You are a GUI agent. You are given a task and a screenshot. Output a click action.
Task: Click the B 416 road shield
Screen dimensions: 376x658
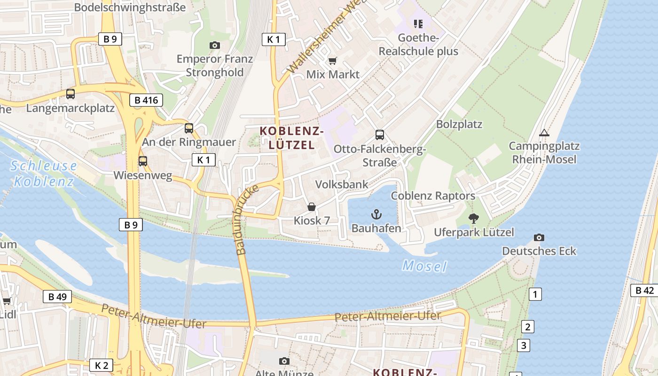146,100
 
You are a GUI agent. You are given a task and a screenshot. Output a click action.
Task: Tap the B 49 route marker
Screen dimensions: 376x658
57,297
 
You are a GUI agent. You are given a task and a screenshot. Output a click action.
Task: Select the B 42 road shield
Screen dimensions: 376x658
644,290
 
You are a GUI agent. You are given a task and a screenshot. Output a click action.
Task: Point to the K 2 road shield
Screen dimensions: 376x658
101,365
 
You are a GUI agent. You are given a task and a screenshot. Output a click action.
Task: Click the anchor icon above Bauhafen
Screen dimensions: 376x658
376,215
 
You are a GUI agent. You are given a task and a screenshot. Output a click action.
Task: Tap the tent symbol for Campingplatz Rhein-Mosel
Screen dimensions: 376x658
544,133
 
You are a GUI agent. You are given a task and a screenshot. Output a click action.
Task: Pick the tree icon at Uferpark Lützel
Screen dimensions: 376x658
473,218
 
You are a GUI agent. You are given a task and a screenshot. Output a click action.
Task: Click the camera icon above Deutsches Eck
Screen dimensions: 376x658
539,237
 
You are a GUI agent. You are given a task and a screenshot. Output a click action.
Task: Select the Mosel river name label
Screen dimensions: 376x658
424,266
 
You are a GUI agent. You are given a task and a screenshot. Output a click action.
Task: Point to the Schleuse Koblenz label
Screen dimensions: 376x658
44,173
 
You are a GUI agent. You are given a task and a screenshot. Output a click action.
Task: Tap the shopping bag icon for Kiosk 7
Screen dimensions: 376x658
311,207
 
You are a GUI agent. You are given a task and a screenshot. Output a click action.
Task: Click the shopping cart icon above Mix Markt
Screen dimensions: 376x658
333,60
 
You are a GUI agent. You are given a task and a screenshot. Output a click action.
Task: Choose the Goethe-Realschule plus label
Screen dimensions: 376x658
418,45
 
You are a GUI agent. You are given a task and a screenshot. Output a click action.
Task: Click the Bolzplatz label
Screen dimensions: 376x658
459,125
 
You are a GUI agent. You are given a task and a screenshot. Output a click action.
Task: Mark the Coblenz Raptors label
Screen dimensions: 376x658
433,196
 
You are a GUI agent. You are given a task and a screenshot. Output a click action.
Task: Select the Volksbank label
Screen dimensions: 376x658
342,184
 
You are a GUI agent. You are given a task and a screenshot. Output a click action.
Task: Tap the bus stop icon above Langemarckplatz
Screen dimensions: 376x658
70,94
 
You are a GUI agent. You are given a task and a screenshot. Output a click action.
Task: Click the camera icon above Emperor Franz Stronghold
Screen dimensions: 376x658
215,45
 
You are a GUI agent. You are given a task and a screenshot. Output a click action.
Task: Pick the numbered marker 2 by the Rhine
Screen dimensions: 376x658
527,327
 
